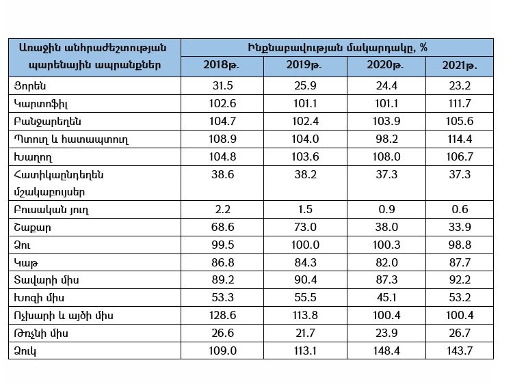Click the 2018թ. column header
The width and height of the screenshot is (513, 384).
[x=222, y=66]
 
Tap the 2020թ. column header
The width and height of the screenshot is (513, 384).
[x=385, y=66]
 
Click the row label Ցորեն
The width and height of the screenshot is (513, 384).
[x=30, y=86]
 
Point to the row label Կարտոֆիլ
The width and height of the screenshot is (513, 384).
[x=41, y=105]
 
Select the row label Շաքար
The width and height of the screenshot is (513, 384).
[x=32, y=228]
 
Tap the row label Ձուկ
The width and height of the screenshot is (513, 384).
[x=25, y=351]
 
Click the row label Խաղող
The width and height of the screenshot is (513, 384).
[x=33, y=158]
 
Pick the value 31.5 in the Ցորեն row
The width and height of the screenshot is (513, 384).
[x=222, y=85]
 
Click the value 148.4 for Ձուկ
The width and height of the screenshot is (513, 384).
[x=386, y=351]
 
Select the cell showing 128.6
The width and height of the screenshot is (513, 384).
[x=222, y=316]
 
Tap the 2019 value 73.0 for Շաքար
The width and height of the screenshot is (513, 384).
[x=305, y=227]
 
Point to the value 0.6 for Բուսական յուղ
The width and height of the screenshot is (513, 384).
[x=460, y=210]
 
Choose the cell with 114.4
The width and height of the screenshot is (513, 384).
[x=460, y=139]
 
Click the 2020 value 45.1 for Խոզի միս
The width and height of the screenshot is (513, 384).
[x=386, y=298]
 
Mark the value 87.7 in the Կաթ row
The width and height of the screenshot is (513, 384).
[x=460, y=262]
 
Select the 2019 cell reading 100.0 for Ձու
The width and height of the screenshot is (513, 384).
[x=305, y=245]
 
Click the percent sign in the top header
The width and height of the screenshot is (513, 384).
[x=423, y=48]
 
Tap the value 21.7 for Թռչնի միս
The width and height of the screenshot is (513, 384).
[x=305, y=333]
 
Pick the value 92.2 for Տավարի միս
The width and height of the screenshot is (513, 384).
[x=460, y=280]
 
